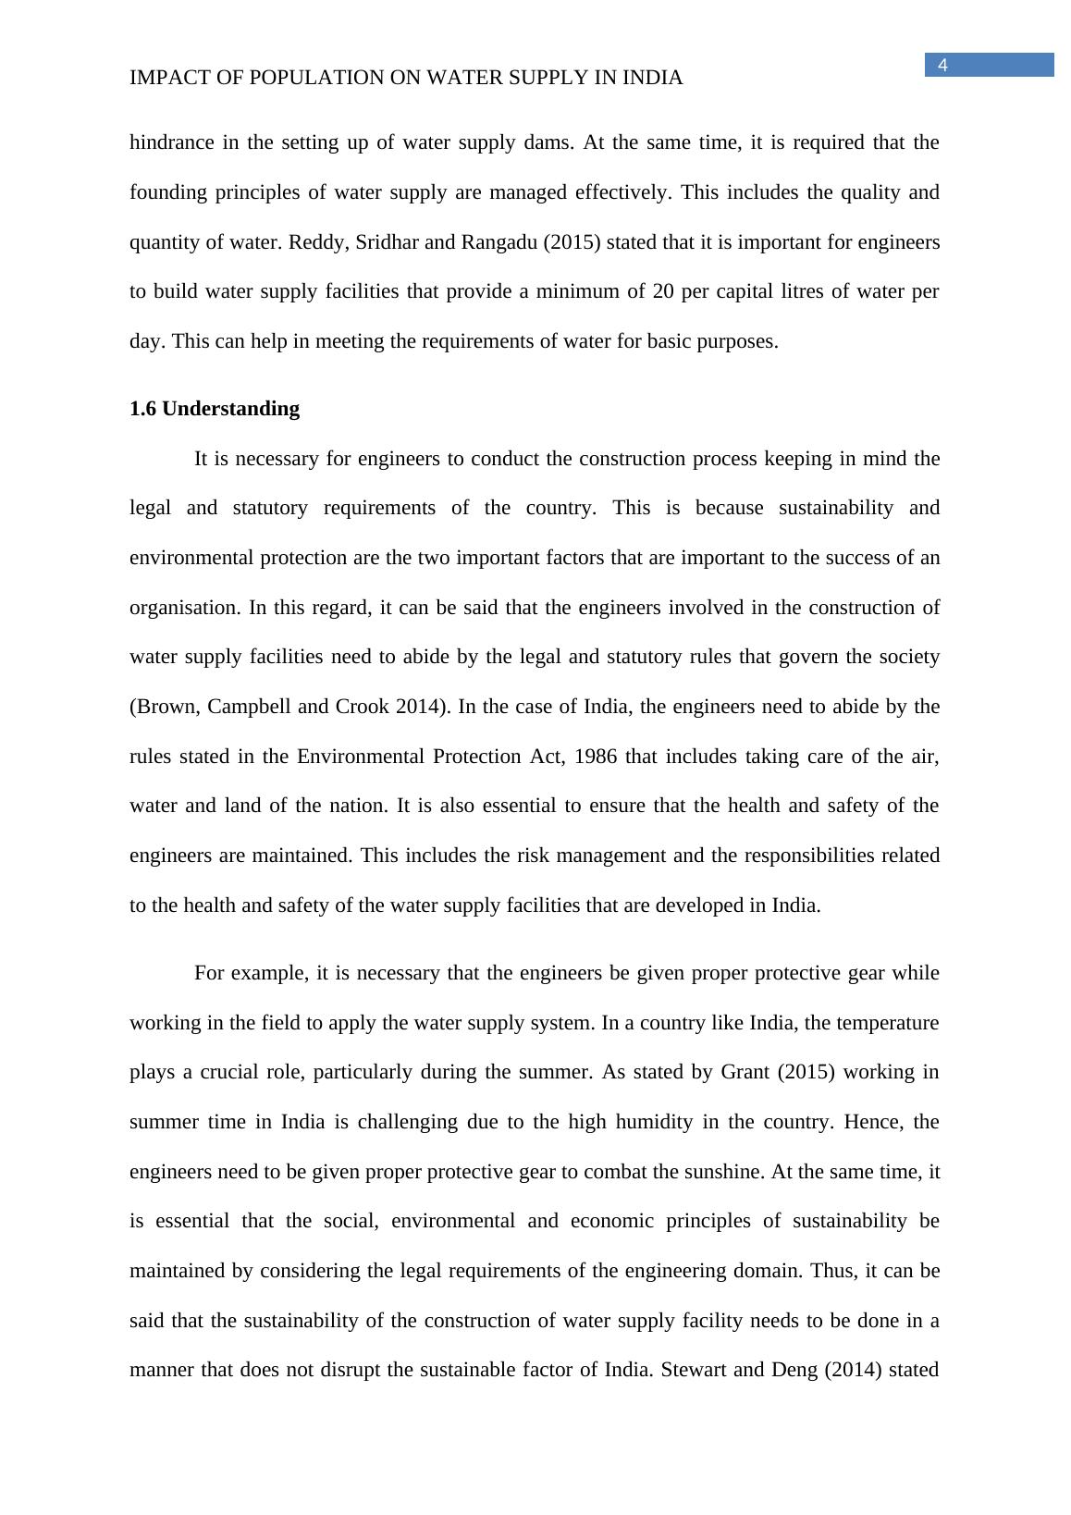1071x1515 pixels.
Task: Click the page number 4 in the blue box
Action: click(x=942, y=65)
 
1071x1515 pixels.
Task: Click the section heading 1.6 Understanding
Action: click(x=215, y=409)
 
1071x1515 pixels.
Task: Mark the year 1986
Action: click(x=597, y=757)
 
